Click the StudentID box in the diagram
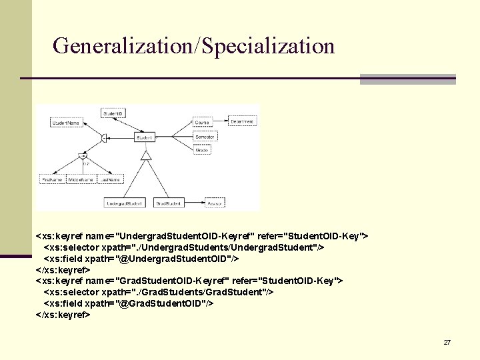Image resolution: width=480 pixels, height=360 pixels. point(112,114)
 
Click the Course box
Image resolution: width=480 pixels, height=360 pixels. point(202,123)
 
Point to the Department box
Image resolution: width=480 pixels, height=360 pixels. point(241,122)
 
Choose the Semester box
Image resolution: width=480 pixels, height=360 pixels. point(203,137)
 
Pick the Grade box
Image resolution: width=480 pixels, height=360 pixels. point(202,150)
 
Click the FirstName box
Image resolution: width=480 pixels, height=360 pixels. point(51,180)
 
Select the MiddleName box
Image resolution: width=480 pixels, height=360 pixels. point(81,180)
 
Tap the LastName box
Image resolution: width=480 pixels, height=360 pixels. point(111,180)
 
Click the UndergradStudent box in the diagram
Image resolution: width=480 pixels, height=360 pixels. point(125,203)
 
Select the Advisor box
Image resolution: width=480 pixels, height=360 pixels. point(215,203)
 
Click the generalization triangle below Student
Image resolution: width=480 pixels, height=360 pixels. point(145,156)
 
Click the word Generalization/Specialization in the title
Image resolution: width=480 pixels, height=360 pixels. point(193,46)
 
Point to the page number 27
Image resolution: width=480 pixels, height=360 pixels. point(447,342)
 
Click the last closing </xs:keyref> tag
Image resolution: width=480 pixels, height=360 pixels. point(63,315)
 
